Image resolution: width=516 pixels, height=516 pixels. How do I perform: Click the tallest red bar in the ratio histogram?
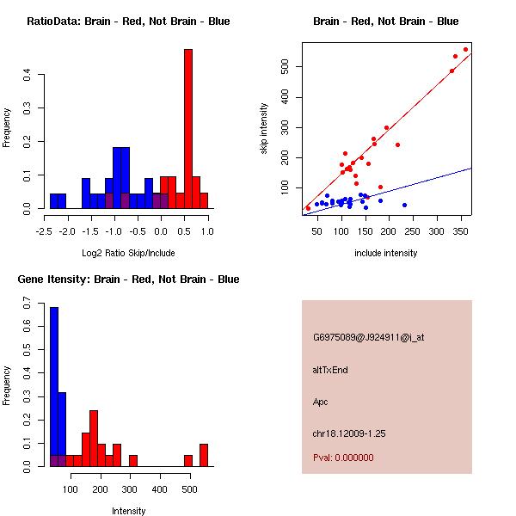coord(188,129)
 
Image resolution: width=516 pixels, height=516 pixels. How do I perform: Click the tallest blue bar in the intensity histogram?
coord(54,387)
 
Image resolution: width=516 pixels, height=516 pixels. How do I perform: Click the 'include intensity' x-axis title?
coord(386,253)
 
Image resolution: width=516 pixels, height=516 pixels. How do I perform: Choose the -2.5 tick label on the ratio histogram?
coord(45,230)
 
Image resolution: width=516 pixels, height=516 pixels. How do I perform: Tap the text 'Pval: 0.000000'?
coord(343,458)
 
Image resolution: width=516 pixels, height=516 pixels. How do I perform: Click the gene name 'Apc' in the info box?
coord(321,402)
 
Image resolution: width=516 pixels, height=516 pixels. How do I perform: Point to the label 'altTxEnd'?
coord(330,370)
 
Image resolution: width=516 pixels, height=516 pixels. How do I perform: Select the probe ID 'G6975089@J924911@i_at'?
coord(368,337)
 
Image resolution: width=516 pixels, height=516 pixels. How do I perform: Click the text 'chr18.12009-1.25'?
coord(349,433)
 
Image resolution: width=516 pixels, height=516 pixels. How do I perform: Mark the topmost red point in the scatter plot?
coord(466,49)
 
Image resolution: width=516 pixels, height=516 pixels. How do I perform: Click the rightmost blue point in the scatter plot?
coord(404,205)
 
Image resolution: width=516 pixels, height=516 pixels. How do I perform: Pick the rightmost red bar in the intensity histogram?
coord(204,455)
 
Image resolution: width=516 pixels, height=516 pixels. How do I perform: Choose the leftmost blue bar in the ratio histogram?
coord(58,200)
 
